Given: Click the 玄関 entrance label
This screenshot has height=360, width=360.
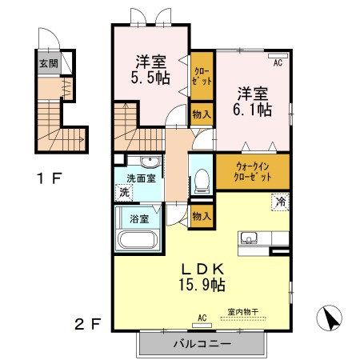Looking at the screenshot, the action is point(49,63).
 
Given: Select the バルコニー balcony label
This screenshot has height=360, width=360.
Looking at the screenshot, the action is point(202,343).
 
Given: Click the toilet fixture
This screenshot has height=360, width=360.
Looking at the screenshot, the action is point(202,181).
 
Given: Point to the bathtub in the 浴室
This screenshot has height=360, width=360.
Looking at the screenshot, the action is point(138,239).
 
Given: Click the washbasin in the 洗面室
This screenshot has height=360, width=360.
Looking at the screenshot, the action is point(150,161).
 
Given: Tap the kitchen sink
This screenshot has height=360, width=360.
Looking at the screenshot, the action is point(249,238).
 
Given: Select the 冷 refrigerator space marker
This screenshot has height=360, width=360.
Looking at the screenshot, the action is point(280,202).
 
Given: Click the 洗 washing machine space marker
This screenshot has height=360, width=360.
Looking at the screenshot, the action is point(124,193).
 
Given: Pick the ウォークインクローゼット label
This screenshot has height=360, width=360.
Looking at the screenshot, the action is point(252,172).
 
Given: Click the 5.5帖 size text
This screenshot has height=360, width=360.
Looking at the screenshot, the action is point(150,78).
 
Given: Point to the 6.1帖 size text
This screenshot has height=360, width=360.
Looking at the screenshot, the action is point(252,110).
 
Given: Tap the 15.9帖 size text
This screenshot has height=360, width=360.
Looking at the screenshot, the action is point(202,285).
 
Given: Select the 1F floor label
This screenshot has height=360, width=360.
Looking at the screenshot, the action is point(50,178).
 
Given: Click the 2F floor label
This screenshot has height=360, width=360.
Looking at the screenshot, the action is point(88,324).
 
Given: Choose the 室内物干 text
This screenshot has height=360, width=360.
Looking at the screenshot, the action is point(243,311).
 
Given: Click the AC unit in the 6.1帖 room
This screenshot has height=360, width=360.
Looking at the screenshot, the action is point(278,56).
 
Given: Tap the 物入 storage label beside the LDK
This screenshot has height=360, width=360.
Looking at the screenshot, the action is point(202,216).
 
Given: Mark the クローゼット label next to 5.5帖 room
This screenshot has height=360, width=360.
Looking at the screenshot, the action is point(202,76).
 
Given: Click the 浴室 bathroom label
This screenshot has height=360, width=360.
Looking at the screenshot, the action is point(139,219).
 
